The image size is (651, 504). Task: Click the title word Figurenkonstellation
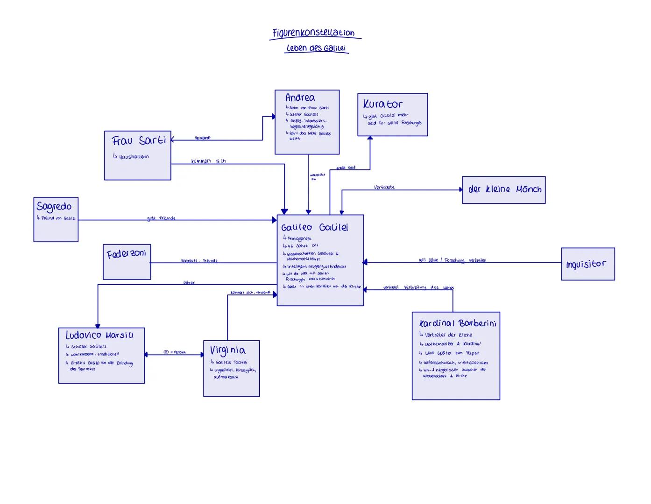point(314,33)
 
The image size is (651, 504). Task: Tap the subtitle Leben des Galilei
point(316,48)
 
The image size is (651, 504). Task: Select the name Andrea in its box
point(300,98)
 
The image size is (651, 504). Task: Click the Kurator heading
point(382,104)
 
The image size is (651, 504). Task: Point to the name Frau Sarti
point(139,140)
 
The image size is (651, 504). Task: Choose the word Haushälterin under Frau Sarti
point(134,157)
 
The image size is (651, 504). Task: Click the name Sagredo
point(54,206)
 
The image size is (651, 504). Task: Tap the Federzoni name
point(126,254)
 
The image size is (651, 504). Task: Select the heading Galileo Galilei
point(314,228)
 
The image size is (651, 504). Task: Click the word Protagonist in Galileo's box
point(299,238)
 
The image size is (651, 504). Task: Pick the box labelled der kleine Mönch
point(504,189)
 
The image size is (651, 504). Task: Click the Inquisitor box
point(587,264)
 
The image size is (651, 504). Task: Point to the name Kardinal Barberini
point(457,323)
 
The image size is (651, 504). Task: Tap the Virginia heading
point(227,350)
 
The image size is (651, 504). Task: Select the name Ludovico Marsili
point(99,335)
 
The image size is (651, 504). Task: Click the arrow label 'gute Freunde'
point(161,218)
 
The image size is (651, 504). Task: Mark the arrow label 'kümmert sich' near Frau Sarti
point(208,161)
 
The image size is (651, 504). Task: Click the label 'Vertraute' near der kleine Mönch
point(384,187)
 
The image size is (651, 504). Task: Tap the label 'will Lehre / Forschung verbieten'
point(453,260)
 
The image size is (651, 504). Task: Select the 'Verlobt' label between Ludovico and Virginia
point(175,352)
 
